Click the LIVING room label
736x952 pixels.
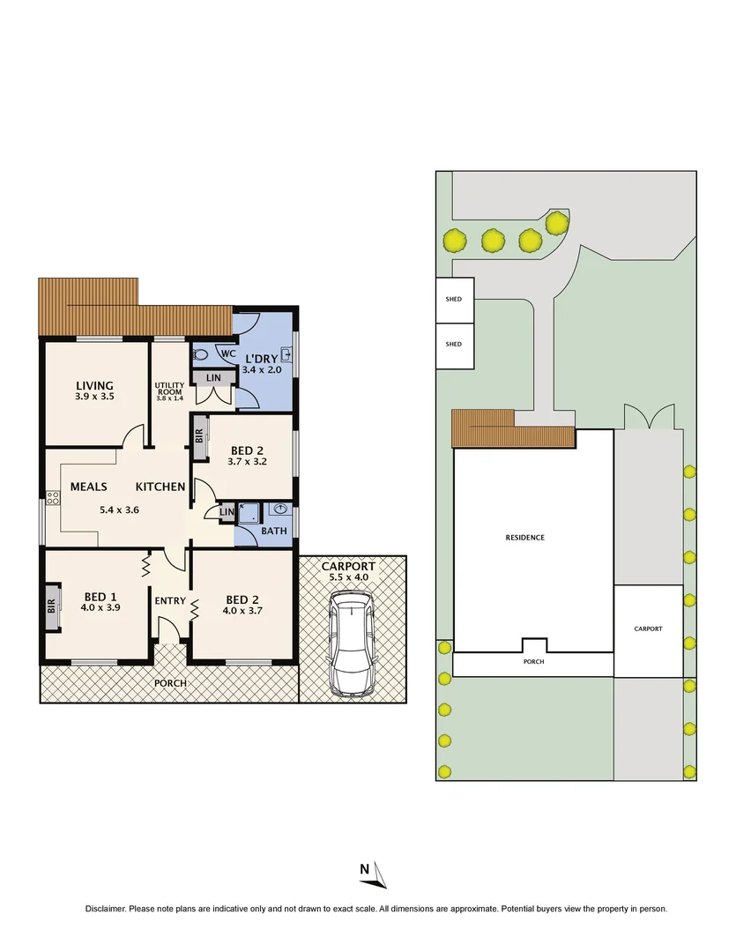pos(94,385)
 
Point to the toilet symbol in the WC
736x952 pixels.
pos(200,354)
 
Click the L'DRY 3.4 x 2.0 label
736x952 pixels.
pos(261,364)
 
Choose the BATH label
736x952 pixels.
pos(273,532)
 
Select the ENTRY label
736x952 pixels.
pos(170,601)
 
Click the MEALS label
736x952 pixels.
pos(89,487)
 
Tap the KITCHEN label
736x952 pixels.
pos(160,487)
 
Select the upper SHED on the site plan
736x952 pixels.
pos(455,300)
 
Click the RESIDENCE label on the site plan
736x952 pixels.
pos(524,538)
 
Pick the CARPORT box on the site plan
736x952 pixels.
pos(648,629)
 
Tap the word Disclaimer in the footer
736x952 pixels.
pos(106,909)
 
